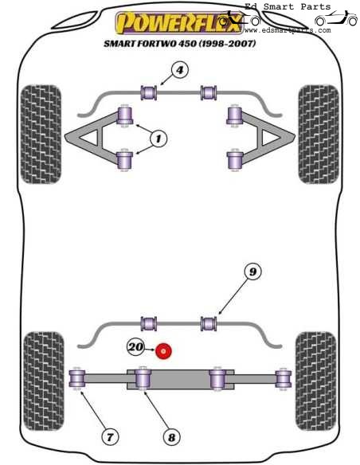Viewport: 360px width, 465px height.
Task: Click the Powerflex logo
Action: [x=179, y=22]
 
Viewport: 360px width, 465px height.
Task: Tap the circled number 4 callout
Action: [x=180, y=70]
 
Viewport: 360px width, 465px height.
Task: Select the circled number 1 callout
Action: [x=158, y=139]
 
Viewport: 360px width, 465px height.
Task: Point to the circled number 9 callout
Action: [x=252, y=272]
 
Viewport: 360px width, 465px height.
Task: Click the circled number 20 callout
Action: [x=136, y=346]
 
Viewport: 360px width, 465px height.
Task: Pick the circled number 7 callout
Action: [x=110, y=437]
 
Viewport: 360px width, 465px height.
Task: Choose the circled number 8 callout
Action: [x=172, y=437]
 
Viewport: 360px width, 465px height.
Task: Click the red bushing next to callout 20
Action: [x=164, y=351]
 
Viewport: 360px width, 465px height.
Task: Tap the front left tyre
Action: [x=41, y=135]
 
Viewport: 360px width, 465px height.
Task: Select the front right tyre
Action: [x=319, y=135]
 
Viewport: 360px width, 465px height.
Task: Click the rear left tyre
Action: [x=44, y=381]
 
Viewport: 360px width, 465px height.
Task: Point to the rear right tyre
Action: [x=316, y=381]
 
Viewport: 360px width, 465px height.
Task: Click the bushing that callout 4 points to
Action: [x=149, y=92]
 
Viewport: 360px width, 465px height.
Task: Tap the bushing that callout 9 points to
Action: [x=209, y=323]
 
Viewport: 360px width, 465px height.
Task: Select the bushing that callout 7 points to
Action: [x=77, y=379]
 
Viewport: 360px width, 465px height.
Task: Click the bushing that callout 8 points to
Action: [x=143, y=378]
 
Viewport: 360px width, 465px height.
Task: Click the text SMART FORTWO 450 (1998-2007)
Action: [x=180, y=44]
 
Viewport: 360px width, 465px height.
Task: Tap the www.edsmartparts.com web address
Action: [x=288, y=30]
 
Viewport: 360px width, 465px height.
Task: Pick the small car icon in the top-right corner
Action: [x=336, y=18]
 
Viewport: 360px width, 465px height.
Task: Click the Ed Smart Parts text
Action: [x=288, y=6]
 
